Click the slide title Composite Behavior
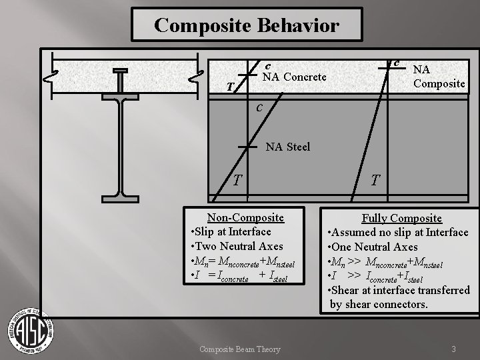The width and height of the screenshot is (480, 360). [x=247, y=25]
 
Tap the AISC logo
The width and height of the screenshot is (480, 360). [x=31, y=331]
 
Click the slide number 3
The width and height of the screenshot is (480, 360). [x=453, y=349]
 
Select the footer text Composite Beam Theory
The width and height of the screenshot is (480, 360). [x=241, y=349]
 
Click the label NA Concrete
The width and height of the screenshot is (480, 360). [x=295, y=77]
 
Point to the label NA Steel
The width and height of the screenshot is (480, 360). [x=288, y=146]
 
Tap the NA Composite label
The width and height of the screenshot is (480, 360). [x=439, y=76]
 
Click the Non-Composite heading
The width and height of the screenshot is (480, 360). [x=245, y=217]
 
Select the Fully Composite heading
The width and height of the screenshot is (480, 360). [x=401, y=218]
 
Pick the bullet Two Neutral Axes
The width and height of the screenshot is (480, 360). [x=238, y=246]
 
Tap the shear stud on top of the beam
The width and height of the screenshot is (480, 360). [x=121, y=77]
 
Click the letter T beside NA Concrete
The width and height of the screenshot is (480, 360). [x=229, y=87]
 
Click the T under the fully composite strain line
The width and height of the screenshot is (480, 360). [x=376, y=180]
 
